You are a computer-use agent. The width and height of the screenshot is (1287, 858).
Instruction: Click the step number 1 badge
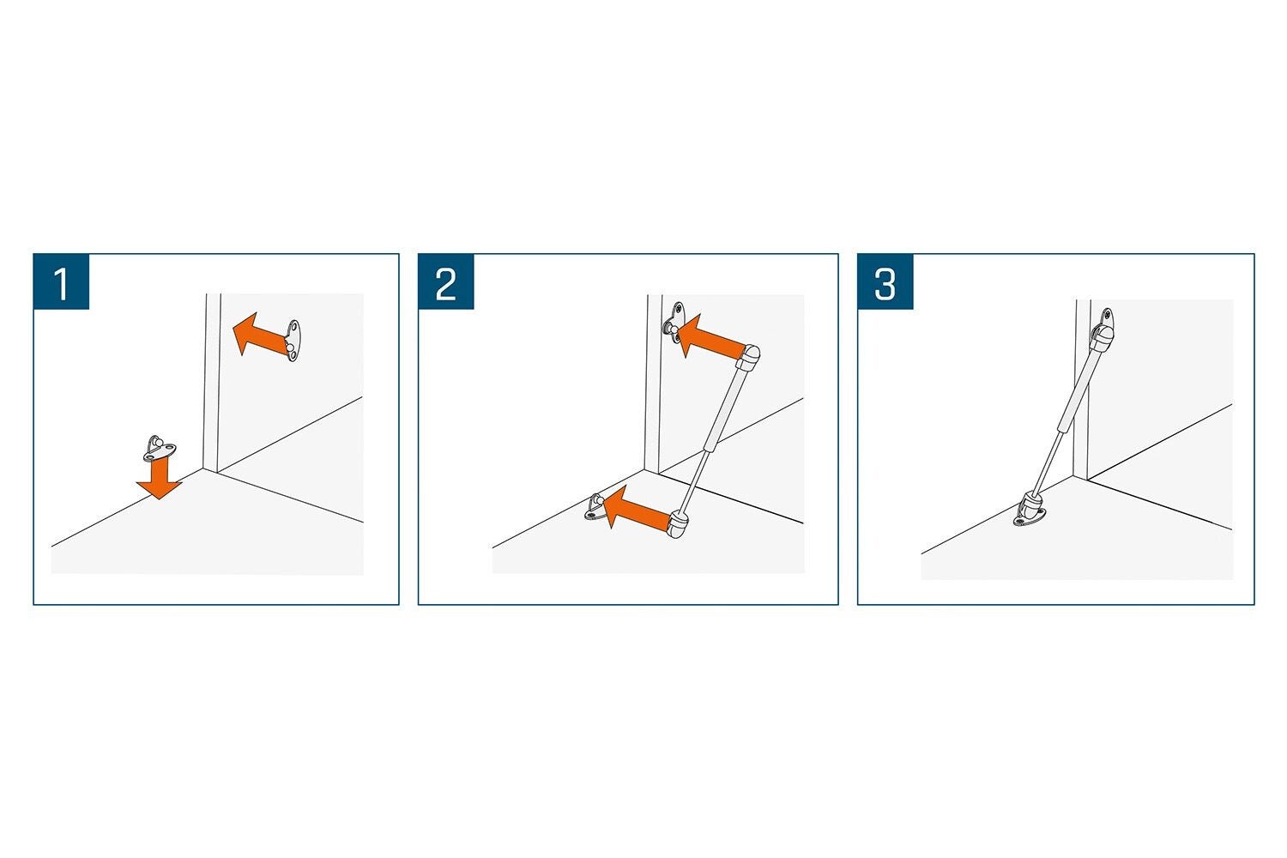click(x=62, y=281)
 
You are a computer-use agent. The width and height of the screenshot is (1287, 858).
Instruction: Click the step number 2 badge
click(x=446, y=281)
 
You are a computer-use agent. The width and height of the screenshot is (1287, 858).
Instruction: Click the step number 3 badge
click(x=885, y=281)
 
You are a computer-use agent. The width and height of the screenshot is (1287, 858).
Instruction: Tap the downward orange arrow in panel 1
click(x=159, y=477)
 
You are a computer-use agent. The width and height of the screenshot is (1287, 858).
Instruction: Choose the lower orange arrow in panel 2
click(x=637, y=508)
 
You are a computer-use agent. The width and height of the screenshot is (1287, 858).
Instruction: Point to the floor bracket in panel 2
click(x=595, y=507)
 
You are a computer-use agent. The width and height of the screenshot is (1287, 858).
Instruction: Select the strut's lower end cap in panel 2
click(x=678, y=525)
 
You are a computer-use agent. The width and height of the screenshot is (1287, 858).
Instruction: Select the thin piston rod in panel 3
click(x=1049, y=462)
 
